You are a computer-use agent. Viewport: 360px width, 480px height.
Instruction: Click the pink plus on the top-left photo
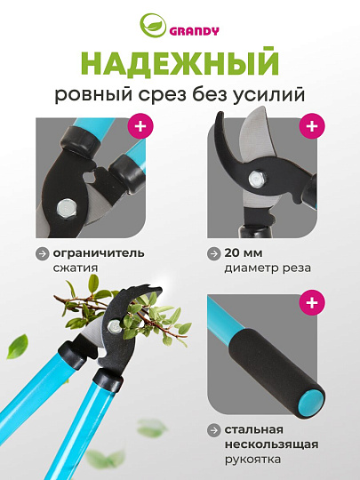click(x=140, y=124)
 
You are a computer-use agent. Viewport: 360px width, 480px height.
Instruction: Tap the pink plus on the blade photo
click(x=310, y=125)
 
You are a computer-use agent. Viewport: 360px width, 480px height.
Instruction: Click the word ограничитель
click(x=99, y=252)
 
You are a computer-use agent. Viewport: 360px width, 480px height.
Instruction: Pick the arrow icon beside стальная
click(x=213, y=429)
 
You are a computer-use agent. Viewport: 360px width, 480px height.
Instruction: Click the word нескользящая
click(x=268, y=444)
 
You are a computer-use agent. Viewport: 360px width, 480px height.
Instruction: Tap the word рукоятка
click(x=252, y=460)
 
